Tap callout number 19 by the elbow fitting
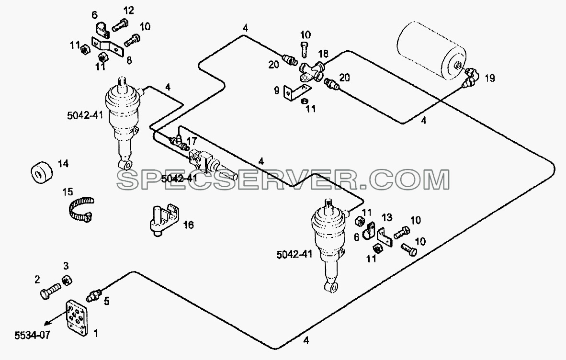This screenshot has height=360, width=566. (x=489, y=79)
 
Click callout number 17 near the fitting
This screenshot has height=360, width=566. (x=192, y=140)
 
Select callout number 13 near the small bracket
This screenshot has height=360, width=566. (x=386, y=217)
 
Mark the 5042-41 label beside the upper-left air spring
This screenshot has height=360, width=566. (x=85, y=115)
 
